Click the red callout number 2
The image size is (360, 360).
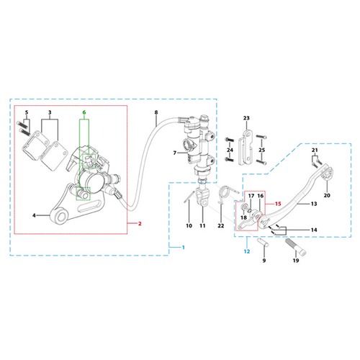coord(140,224)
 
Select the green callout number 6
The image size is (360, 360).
coord(84,112)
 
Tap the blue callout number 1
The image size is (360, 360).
coord(184,247)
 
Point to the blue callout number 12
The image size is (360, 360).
coord(247,251)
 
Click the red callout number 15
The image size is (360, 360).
coord(278,204)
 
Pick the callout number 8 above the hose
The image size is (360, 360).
coord(156,112)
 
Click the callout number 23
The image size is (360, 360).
coord(246,118)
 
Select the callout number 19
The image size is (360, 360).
coord(296,261)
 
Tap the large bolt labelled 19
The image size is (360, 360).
coord(296,248)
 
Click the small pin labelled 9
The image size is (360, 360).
coord(263,242)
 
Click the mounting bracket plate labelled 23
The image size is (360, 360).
coord(245,148)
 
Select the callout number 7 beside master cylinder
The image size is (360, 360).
coord(175,153)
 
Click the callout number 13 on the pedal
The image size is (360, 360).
coord(314,204)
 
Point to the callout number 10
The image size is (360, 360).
coord(189,225)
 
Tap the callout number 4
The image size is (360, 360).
coord(34,215)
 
